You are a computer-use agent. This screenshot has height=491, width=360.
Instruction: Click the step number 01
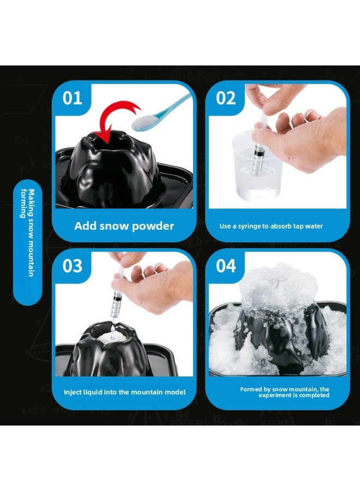pos(73,98)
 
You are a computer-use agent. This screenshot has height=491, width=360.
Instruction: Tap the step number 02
pos(226,98)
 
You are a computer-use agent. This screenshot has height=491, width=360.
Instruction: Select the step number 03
pos(73,266)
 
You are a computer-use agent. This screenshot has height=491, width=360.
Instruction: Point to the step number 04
pos(226,266)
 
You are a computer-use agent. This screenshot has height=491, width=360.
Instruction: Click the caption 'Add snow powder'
pos(124,226)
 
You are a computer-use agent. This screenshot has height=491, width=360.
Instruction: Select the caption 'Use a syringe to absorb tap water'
pos(271,226)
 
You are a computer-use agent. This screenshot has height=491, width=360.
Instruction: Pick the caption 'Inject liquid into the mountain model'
pos(124,392)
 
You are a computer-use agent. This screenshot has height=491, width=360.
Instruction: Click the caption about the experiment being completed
pos(285,392)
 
